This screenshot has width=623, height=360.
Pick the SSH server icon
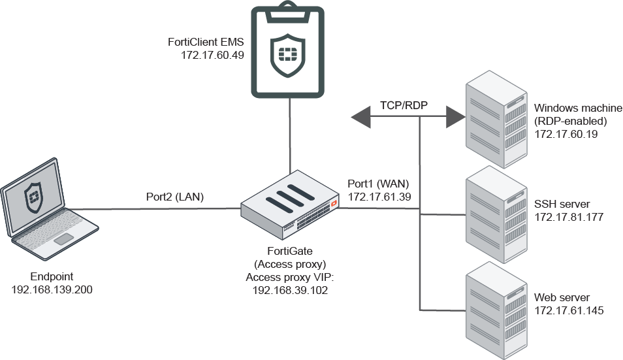496,213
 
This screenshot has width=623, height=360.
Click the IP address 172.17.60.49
212,56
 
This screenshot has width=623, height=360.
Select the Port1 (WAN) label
379,184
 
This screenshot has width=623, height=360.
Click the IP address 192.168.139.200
52,289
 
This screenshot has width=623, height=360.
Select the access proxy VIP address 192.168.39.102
290,290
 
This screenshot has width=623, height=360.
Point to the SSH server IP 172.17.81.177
568,217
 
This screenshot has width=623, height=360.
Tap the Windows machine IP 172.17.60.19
566,133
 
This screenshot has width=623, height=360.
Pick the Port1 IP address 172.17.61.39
379,195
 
